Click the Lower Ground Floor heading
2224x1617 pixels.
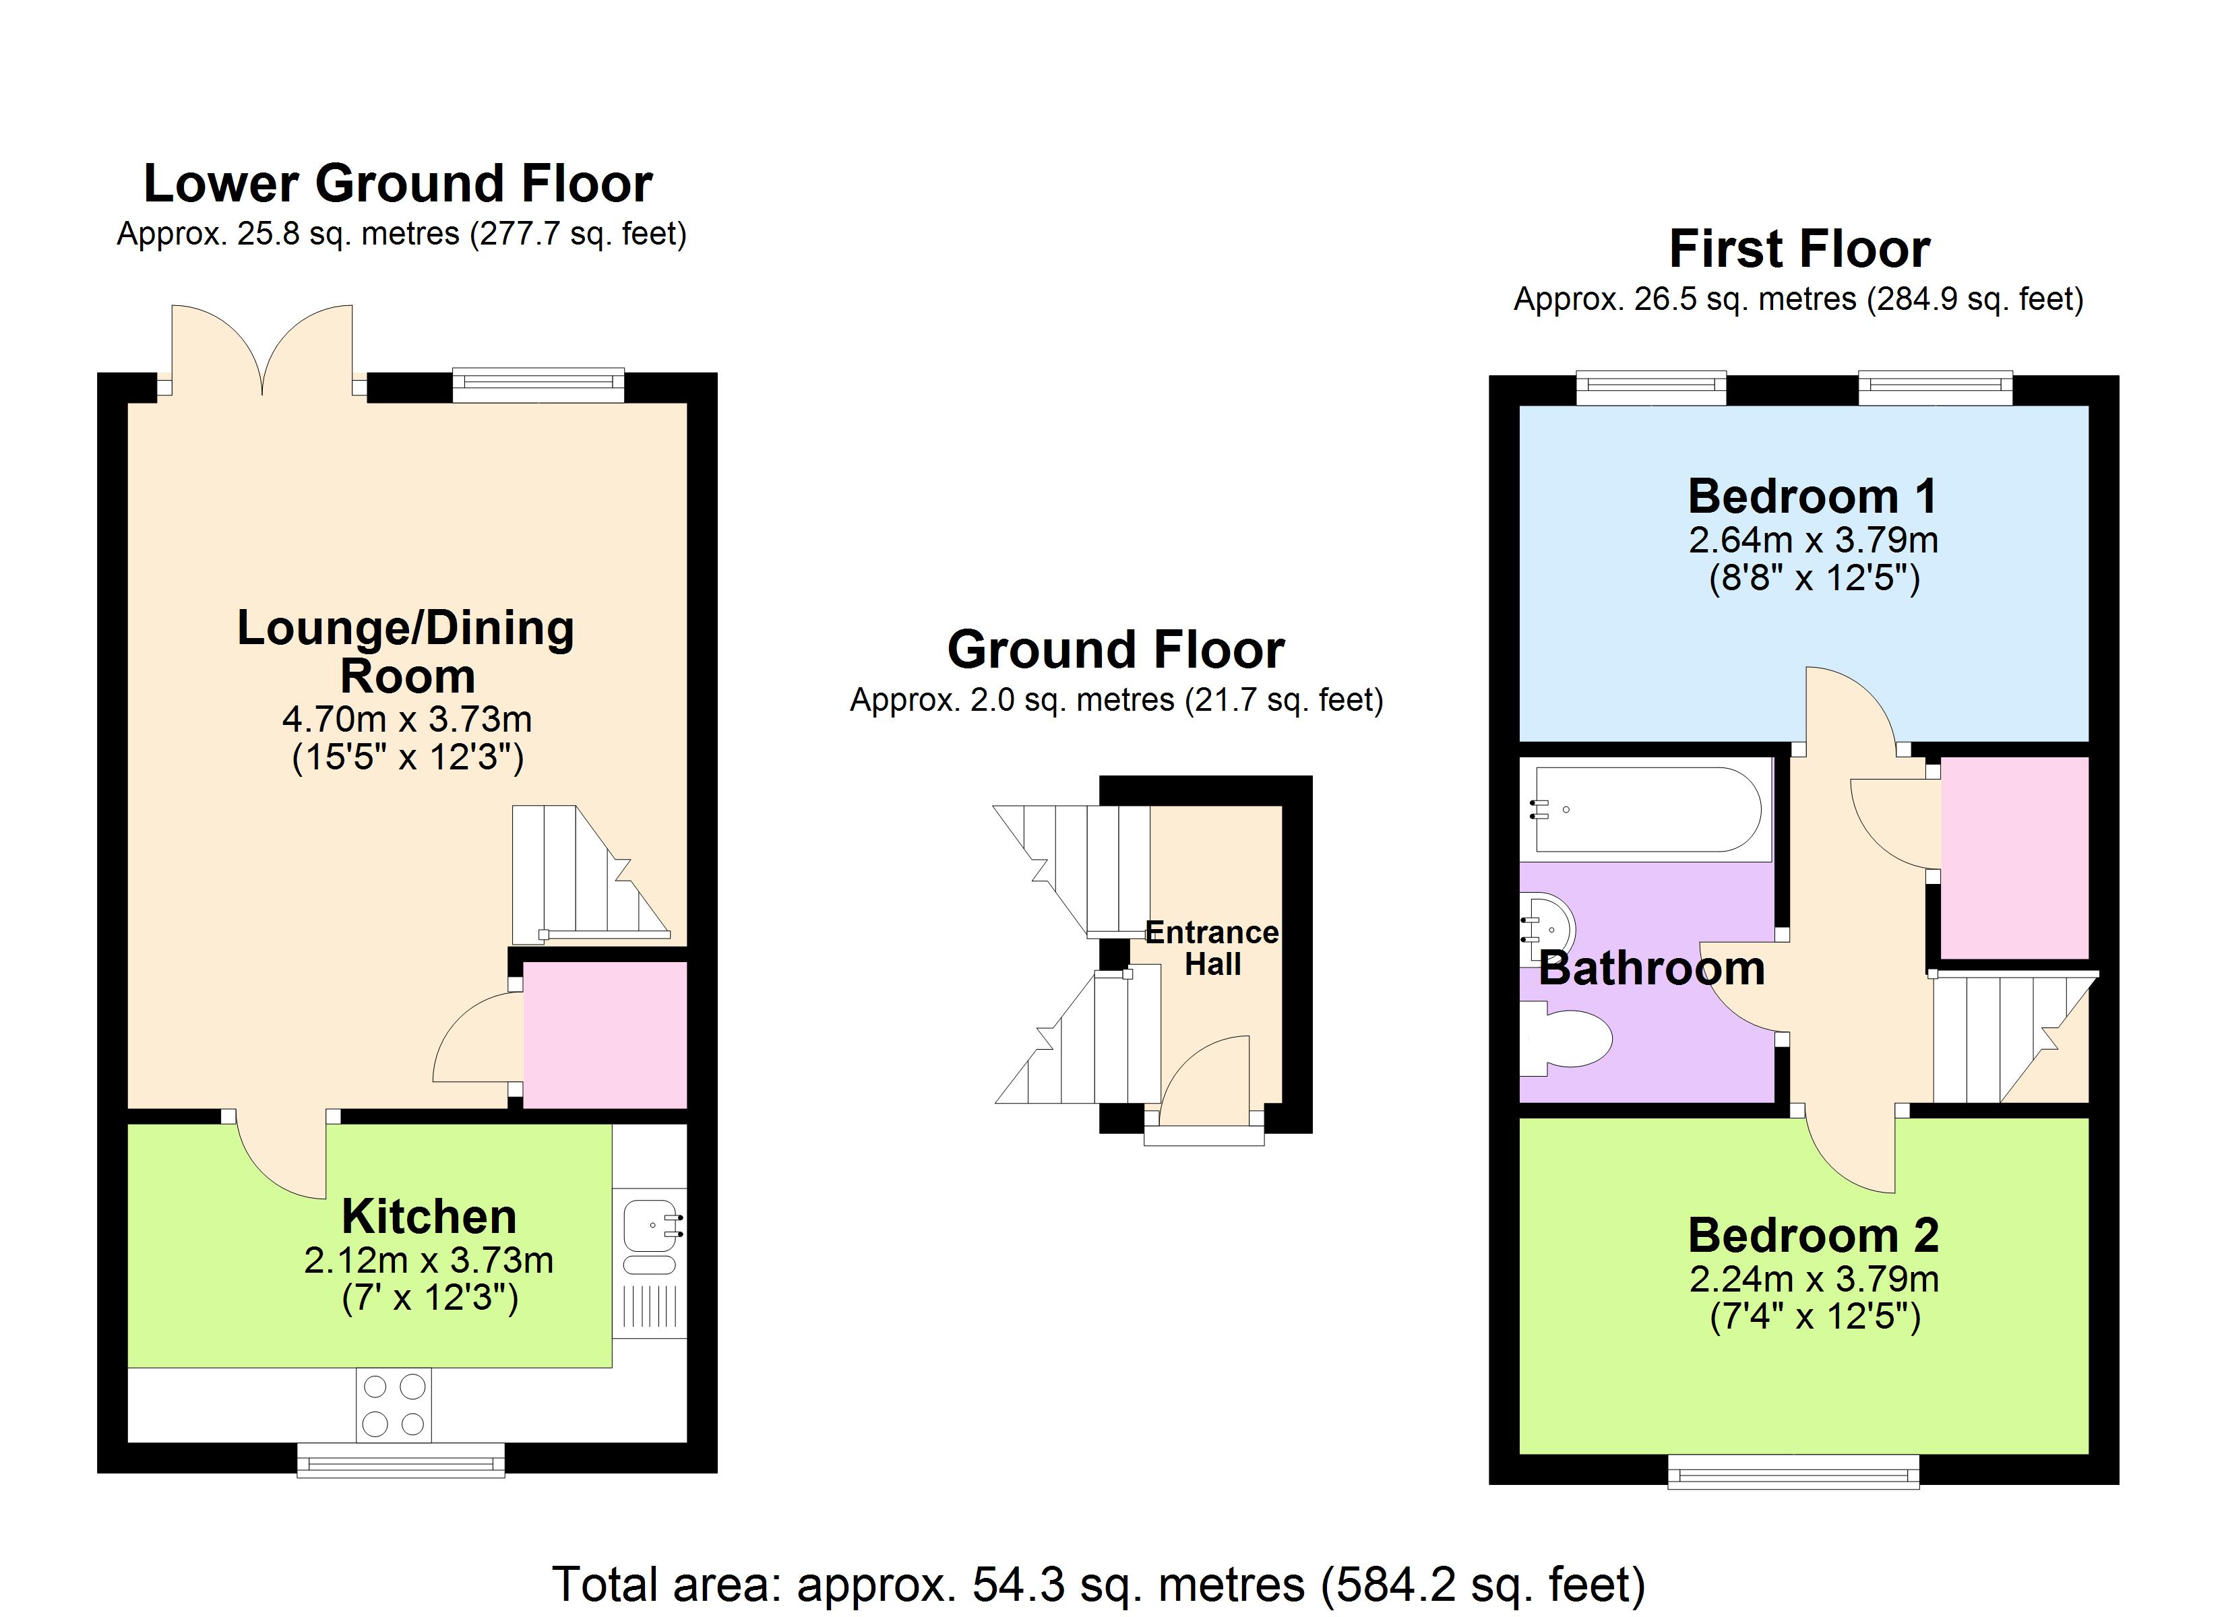398,183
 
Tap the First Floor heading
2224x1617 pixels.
1799,249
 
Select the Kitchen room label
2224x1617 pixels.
429,1217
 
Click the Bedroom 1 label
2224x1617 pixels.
1813,496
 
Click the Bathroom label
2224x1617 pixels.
1652,969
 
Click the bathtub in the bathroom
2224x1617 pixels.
1646,809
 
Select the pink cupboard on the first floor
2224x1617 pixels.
2014,857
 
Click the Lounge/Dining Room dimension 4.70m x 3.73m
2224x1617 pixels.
407,720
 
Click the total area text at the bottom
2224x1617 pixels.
1099,1585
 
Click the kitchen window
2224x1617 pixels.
401,1460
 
